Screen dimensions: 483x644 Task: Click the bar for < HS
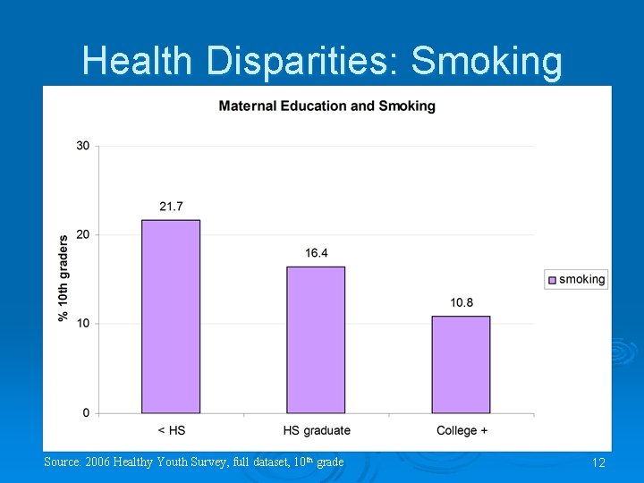171,317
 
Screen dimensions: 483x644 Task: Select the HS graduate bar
316,340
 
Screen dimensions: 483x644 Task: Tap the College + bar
461,364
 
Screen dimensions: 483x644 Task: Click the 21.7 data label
171,207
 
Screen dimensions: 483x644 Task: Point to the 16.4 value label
316,253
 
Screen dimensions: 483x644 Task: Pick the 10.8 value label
462,302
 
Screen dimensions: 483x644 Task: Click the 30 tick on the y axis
82,146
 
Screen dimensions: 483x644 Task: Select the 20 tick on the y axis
82,234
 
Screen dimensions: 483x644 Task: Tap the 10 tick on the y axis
82,323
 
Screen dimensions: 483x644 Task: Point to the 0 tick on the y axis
86,412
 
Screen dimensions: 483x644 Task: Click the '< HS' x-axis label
171,430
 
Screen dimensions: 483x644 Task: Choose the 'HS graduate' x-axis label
317,430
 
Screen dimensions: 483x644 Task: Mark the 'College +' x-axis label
462,430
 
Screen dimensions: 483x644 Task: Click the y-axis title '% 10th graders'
64,278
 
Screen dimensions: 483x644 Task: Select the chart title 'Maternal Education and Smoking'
326,106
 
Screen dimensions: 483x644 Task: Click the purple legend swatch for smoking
552,279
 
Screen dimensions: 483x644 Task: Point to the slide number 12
598,462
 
